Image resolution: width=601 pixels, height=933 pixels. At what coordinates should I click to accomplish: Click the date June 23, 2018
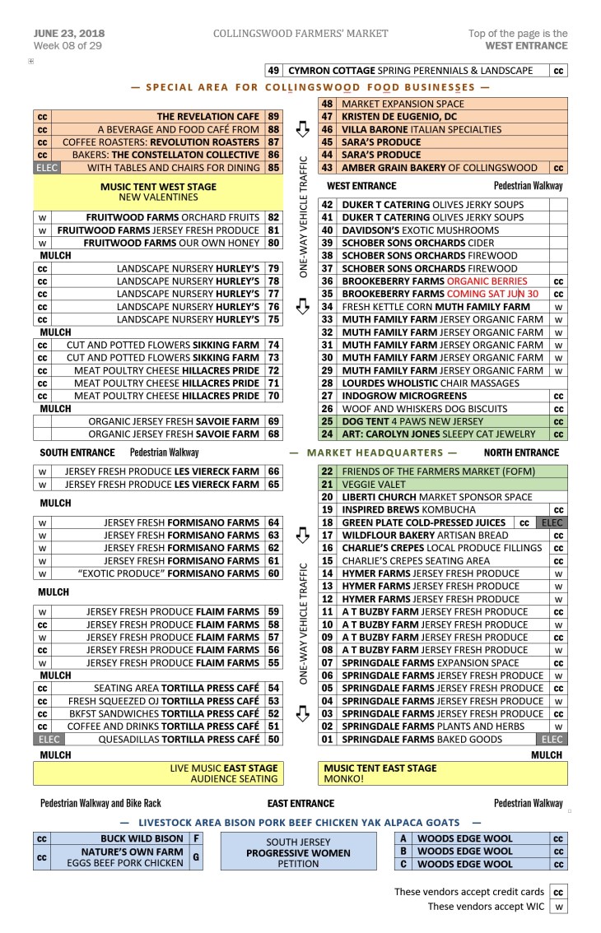69,33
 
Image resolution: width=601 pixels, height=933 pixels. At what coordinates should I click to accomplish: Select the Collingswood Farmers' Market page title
300,34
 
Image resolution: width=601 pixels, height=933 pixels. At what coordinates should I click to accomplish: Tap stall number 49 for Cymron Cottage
274,71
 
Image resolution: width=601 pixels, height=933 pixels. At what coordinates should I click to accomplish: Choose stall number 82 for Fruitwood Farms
274,217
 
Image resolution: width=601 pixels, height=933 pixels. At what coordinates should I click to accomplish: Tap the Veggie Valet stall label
363,485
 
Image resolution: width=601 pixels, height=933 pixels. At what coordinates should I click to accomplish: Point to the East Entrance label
300,803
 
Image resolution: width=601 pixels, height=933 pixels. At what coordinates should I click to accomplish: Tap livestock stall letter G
196,857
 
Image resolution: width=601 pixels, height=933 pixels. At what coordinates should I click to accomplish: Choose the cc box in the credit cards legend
559,892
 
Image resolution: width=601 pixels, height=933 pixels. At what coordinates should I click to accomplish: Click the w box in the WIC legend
559,907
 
